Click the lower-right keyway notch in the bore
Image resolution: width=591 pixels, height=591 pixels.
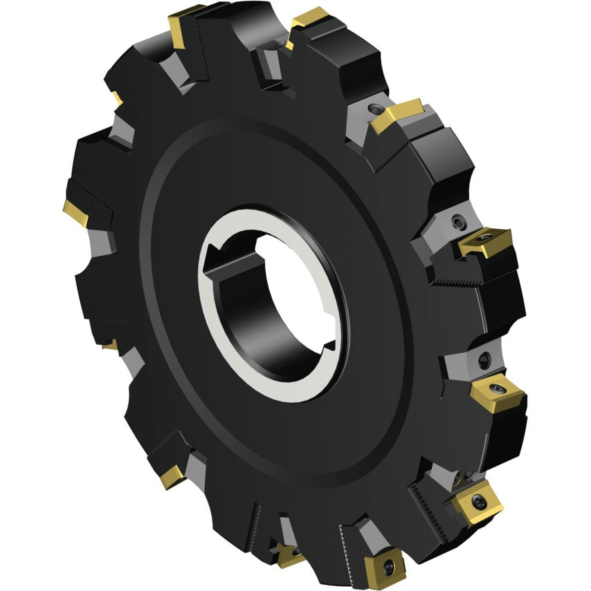click(331, 344)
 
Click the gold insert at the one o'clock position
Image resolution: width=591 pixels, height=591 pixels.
click(398, 115)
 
